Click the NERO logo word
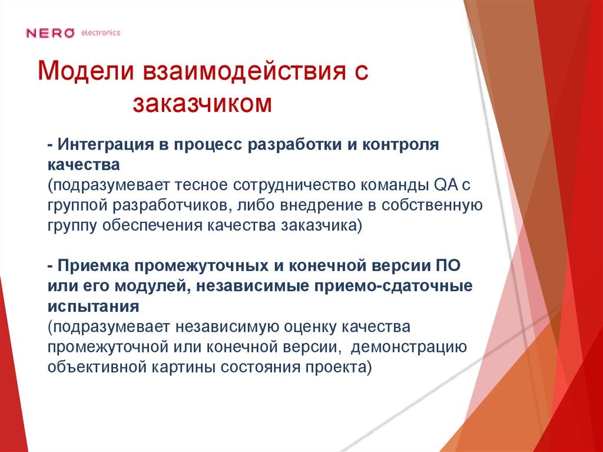[x=50, y=33]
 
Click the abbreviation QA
[x=445, y=185]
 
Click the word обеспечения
[x=152, y=225]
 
